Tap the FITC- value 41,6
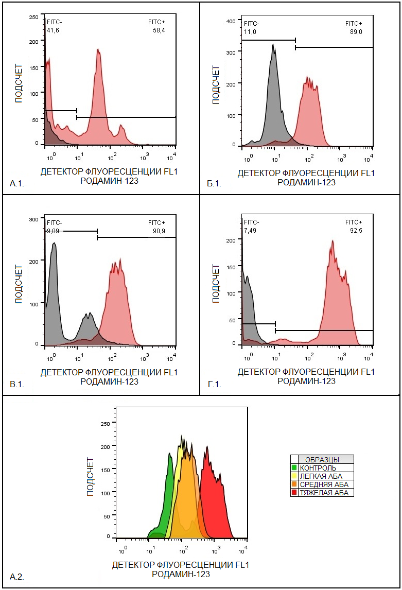click(x=53, y=31)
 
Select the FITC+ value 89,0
click(x=354, y=32)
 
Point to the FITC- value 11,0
click(x=250, y=32)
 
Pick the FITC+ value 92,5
click(x=354, y=231)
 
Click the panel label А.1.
click(x=17, y=183)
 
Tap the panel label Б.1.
click(x=214, y=184)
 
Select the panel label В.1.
click(x=17, y=384)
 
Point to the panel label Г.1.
click(x=214, y=384)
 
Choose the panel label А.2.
click(x=17, y=577)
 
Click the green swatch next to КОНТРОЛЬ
click(x=294, y=468)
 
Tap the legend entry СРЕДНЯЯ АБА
click(x=324, y=484)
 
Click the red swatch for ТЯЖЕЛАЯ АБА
click(x=294, y=493)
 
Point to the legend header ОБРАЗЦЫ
click(x=322, y=459)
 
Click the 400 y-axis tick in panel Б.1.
click(x=231, y=21)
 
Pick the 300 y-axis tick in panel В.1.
click(x=33, y=219)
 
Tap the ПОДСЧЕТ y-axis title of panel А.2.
click(x=91, y=476)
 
